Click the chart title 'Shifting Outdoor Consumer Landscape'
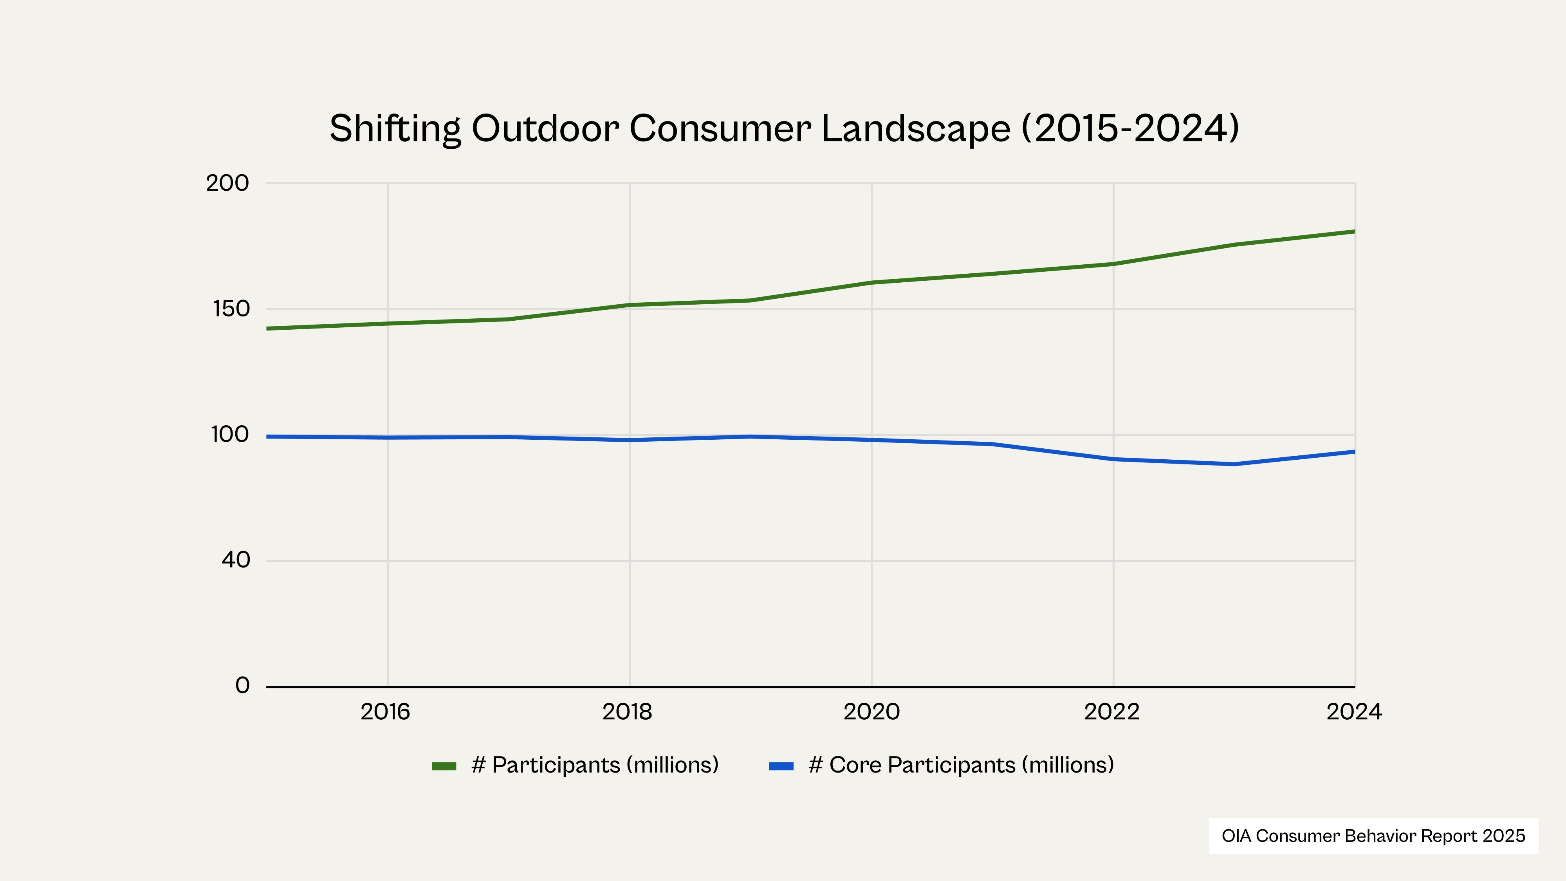[784, 128]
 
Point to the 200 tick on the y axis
[227, 183]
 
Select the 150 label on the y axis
[231, 309]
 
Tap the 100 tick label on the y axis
[230, 435]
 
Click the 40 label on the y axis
[235, 560]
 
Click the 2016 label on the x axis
[385, 712]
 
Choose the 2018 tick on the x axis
[627, 712]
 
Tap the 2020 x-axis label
[871, 712]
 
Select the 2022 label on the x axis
[1112, 712]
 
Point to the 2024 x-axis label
[1354, 712]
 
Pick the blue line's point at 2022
[1113, 459]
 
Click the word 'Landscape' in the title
[916, 128]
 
